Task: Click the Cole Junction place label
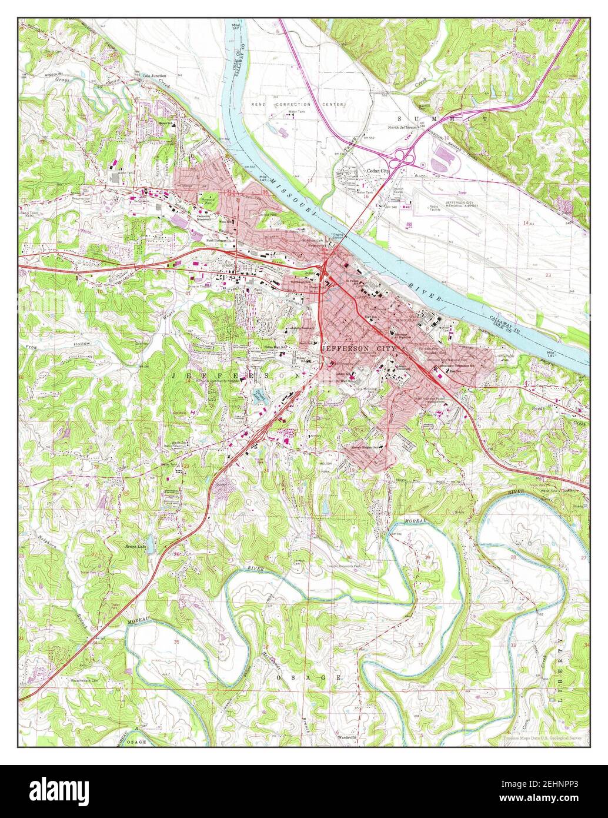coord(155,76)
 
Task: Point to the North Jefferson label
coord(403,127)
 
